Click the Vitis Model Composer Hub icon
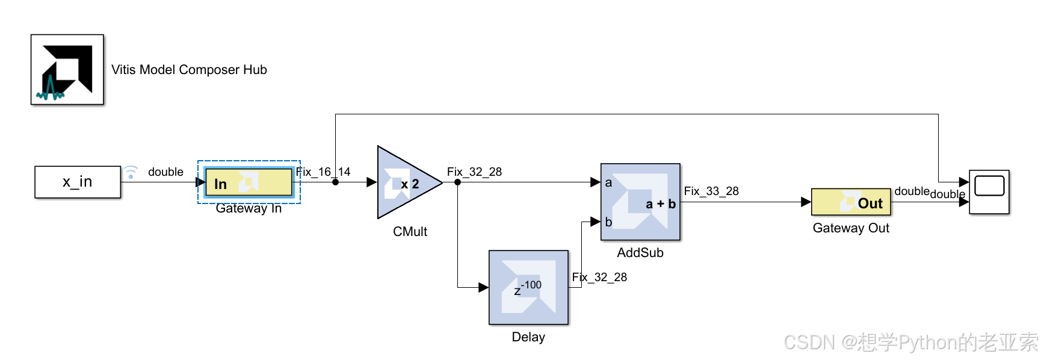click(67, 69)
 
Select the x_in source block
click(78, 182)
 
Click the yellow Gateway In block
click(249, 182)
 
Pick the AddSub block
click(640, 202)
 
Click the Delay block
click(528, 287)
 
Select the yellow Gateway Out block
click(851, 202)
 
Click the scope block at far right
click(989, 192)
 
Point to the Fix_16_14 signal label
click(323, 172)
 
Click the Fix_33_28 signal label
click(711, 191)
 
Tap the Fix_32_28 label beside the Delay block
click(599, 277)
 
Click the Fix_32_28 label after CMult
click(474, 172)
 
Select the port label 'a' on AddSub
click(608, 182)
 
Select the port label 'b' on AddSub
click(608, 222)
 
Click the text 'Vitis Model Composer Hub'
click(189, 70)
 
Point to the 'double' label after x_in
click(165, 172)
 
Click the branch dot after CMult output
click(457, 182)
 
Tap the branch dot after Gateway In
click(335, 182)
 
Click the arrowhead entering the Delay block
click(483, 287)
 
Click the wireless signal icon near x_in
click(131, 173)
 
